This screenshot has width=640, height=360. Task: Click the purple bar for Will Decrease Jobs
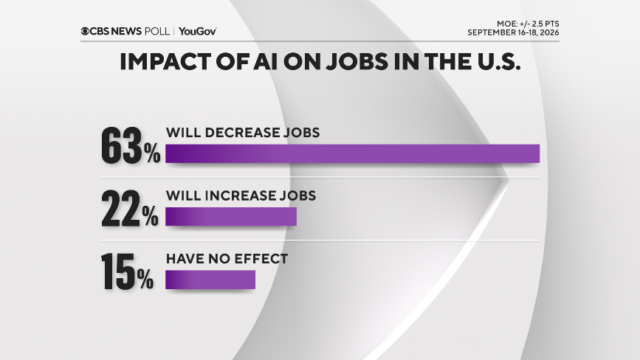352,153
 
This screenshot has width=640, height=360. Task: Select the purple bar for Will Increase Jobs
231,216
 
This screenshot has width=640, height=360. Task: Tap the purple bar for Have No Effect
210,280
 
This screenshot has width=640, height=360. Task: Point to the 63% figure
131,145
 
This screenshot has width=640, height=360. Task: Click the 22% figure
130,209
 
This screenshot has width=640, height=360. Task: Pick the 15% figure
127,271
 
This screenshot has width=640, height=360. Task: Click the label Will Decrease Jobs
243,133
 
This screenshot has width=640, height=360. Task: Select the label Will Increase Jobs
241,195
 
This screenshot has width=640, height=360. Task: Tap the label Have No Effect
227,258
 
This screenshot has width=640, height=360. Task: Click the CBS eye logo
85,32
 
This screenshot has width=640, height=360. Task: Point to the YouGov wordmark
198,32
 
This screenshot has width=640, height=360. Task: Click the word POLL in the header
157,32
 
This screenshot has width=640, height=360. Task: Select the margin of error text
528,24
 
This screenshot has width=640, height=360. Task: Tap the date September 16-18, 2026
513,32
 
